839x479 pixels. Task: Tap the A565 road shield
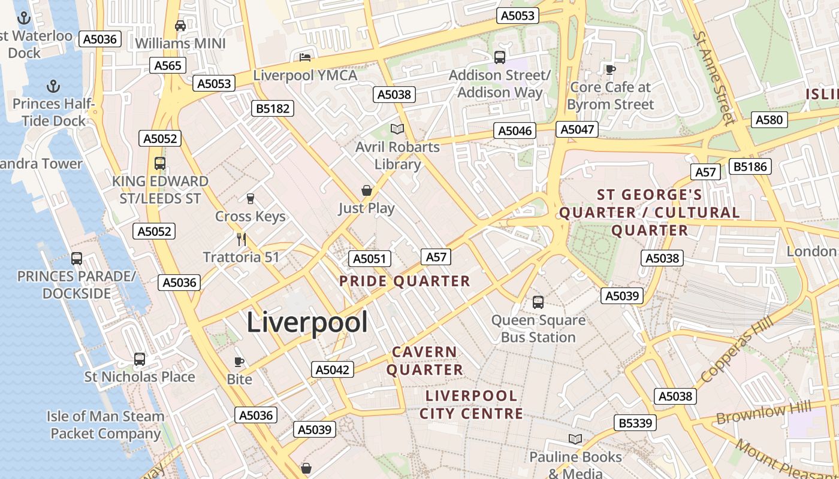168,65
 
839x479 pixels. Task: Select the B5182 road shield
273,108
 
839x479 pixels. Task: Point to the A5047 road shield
576,129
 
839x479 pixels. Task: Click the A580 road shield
769,120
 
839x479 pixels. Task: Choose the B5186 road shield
750,166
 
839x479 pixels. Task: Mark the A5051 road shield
370,259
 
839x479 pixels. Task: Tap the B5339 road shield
635,423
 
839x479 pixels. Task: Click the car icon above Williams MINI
180,26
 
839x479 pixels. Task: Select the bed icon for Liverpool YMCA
305,57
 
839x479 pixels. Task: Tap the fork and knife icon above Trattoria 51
242,239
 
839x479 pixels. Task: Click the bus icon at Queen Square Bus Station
538,302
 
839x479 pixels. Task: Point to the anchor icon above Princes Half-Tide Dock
53,86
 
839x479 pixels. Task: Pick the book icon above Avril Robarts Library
397,129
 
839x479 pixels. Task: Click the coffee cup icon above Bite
239,362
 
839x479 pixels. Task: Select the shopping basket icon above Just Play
366,190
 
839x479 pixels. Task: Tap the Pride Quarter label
405,281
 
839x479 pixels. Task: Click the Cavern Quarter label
425,360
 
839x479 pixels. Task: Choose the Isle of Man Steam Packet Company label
105,425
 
